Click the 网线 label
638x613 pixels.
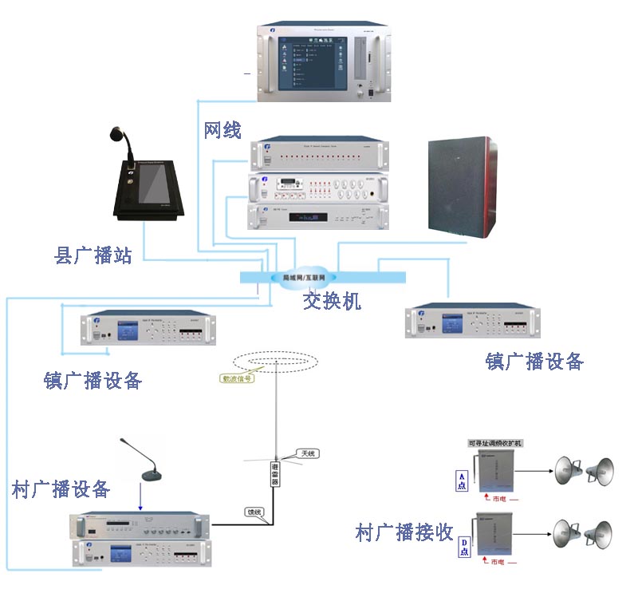[x=223, y=130]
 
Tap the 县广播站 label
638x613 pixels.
[x=93, y=256]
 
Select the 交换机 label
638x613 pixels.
[x=332, y=300]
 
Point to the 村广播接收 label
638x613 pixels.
[x=404, y=532]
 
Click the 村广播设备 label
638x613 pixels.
[x=61, y=488]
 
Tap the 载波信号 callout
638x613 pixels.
[x=237, y=379]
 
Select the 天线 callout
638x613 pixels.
[x=307, y=453]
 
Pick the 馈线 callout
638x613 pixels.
[x=255, y=512]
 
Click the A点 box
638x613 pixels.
[x=462, y=481]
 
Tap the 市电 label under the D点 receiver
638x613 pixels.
[x=498, y=563]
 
